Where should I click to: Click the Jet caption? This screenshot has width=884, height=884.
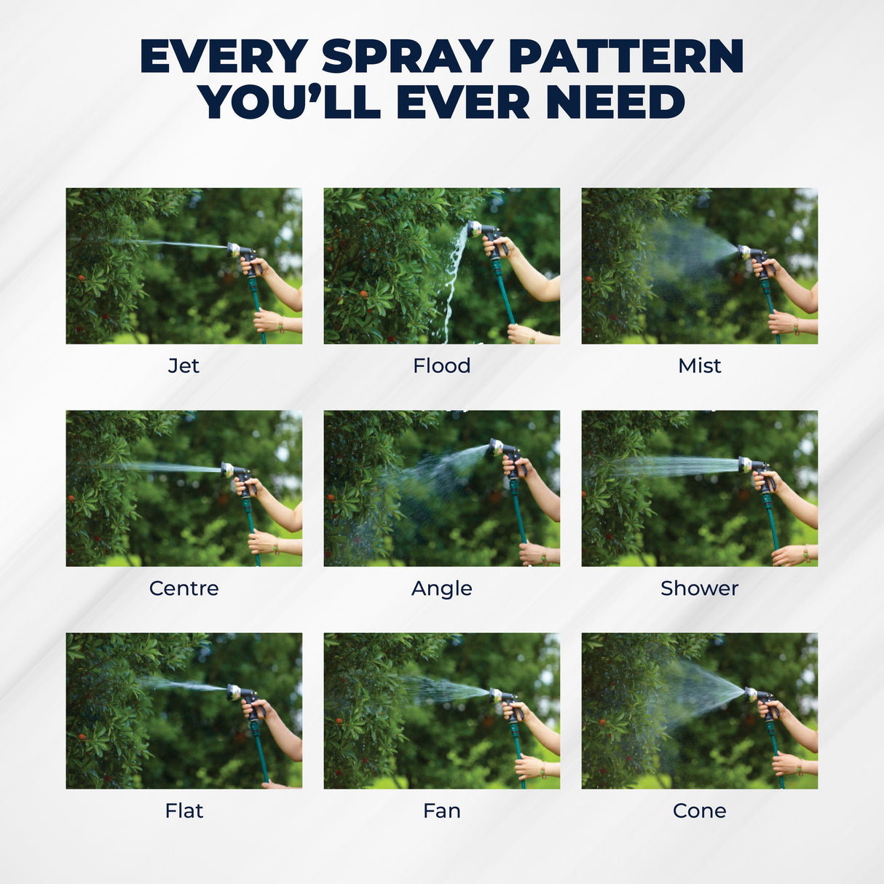click(x=183, y=366)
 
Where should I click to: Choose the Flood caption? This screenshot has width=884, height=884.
click(x=442, y=366)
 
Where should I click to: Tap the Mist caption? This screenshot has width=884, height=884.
click(x=700, y=366)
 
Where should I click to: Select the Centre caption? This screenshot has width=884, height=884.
click(x=184, y=588)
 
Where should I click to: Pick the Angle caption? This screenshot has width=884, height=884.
click(x=442, y=589)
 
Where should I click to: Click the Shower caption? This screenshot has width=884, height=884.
click(x=700, y=588)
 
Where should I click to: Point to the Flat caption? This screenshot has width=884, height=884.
click(x=184, y=811)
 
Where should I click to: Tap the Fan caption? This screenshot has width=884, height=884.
click(x=442, y=811)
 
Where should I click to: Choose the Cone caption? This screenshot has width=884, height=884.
click(x=700, y=811)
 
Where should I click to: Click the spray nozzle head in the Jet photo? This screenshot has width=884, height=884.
click(x=234, y=250)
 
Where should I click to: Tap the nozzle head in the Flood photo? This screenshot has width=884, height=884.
click(x=474, y=229)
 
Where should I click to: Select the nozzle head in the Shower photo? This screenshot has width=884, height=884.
click(x=745, y=465)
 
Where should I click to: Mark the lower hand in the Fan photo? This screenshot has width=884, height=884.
click(x=529, y=766)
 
